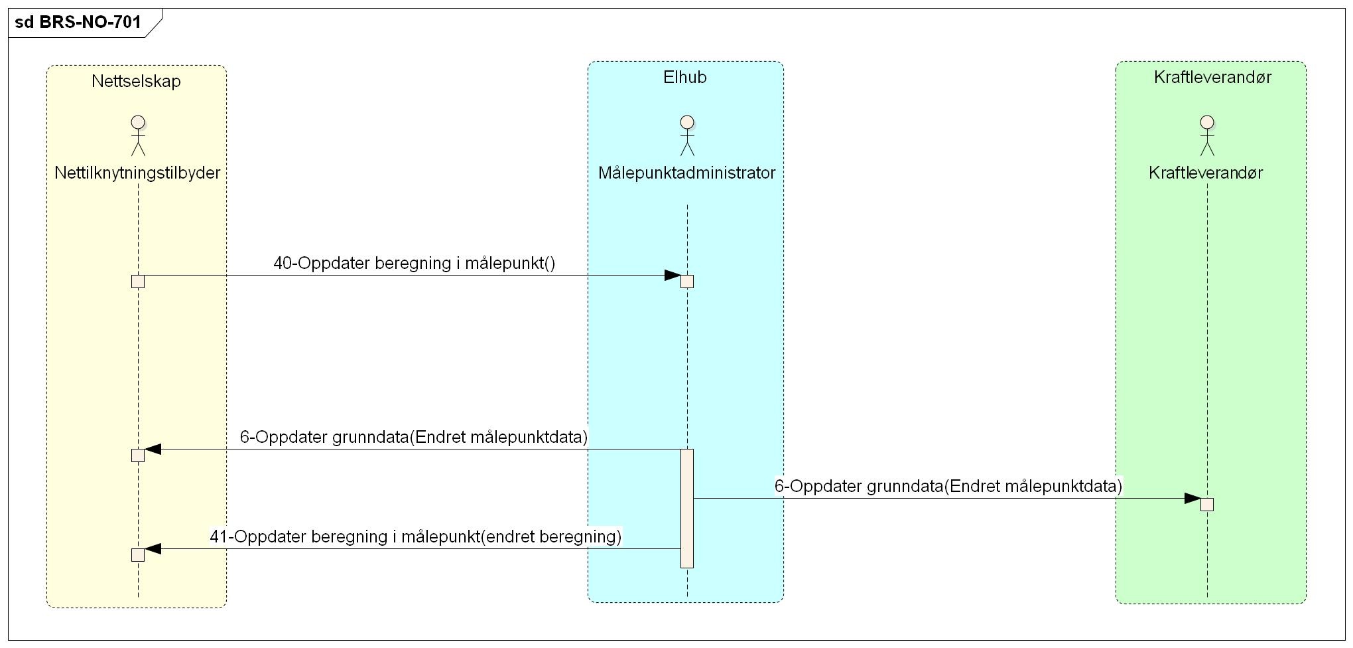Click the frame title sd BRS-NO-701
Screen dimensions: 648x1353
click(78, 23)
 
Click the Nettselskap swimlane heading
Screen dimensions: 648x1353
click(136, 82)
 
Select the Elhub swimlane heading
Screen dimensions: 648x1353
click(685, 78)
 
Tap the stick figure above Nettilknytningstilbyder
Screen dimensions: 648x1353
click(138, 135)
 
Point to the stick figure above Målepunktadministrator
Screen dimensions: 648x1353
click(687, 135)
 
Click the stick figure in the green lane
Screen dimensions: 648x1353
click(1207, 135)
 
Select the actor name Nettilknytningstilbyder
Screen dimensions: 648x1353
click(137, 173)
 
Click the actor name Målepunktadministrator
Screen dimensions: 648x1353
click(686, 173)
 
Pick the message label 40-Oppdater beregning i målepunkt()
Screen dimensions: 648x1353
click(415, 264)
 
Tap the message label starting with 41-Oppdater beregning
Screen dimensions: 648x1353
click(416, 536)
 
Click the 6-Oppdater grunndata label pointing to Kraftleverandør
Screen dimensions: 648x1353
click(948, 487)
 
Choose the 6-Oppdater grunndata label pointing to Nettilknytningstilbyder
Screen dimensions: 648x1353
click(414, 438)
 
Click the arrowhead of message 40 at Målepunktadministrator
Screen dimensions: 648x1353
click(673, 276)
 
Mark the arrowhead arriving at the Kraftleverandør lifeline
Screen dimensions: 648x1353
click(1192, 499)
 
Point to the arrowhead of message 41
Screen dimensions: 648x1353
click(153, 549)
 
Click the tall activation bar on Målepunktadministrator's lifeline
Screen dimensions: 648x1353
click(687, 508)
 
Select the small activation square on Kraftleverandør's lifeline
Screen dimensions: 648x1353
click(1207, 505)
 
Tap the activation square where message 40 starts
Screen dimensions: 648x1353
click(138, 282)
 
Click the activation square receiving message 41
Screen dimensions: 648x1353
click(138, 555)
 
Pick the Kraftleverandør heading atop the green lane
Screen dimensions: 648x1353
click(1212, 78)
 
